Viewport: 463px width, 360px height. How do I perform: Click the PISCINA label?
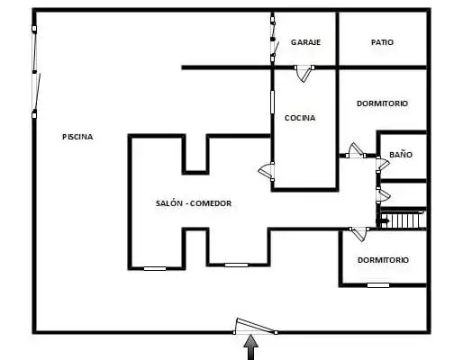(77, 137)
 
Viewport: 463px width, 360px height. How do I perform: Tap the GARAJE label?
(305, 42)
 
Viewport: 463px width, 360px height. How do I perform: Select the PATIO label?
(382, 42)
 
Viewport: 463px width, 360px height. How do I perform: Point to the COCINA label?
(300, 118)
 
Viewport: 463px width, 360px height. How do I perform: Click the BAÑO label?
(401, 155)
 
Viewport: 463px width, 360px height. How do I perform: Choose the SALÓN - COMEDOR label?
(194, 203)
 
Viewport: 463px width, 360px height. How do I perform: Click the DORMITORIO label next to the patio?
(382, 103)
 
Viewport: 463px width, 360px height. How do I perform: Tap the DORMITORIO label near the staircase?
(383, 260)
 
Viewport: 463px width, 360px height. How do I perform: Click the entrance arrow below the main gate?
(250, 347)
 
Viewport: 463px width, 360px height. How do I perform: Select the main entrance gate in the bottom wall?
(255, 327)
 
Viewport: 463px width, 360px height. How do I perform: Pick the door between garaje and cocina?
(304, 73)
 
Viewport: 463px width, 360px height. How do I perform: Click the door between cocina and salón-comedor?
(267, 172)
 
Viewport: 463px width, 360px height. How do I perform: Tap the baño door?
(383, 165)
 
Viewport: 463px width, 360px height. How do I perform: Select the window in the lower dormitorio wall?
(378, 285)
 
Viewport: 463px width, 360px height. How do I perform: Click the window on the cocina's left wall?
(272, 103)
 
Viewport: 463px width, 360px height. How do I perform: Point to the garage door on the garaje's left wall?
(274, 39)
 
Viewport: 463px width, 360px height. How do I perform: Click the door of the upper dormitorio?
(356, 150)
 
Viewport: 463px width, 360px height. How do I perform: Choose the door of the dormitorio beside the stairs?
(359, 234)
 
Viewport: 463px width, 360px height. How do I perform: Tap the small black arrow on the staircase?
(383, 221)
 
